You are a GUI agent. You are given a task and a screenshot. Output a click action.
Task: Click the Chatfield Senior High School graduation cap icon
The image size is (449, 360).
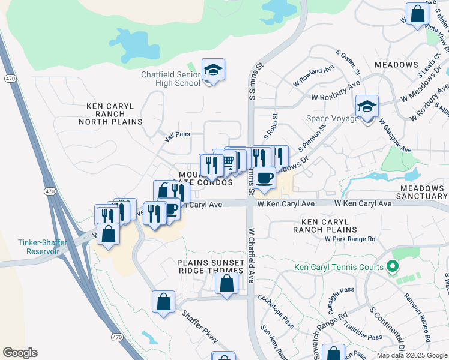[x=213, y=71]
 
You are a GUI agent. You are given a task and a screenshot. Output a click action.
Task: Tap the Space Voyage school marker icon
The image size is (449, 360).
[x=367, y=107]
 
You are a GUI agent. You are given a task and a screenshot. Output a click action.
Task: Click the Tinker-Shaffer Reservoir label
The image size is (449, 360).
[x=42, y=247]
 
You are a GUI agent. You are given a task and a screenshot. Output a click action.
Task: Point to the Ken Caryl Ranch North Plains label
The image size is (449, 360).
[x=114, y=113]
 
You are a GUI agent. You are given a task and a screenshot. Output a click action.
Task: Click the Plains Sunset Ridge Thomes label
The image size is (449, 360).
[x=211, y=266]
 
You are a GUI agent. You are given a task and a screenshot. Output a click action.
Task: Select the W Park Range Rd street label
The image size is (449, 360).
[x=350, y=239]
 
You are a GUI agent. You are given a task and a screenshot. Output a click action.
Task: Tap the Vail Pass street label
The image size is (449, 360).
[x=178, y=137]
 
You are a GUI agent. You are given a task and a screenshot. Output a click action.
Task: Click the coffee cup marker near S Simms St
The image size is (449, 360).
[x=264, y=178]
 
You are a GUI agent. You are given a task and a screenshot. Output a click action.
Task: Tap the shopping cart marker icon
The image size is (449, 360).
[x=227, y=161]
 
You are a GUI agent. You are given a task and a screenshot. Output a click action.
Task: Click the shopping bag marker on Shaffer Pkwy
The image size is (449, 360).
[x=163, y=302]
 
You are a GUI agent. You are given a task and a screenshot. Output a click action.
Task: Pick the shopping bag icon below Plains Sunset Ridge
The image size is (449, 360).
[x=226, y=284]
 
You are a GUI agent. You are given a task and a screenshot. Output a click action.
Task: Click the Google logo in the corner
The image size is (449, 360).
[x=20, y=353]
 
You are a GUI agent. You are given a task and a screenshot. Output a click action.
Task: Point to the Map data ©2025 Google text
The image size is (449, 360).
[x=412, y=355]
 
